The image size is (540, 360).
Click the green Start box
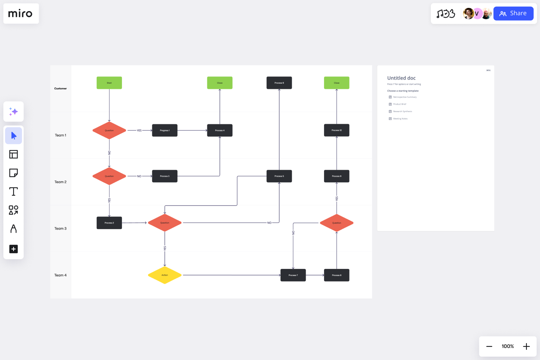pyautogui.click(x=109, y=83)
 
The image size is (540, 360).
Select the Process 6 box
pyautogui.click(x=279, y=83)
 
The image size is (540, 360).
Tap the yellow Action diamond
pyautogui.click(x=165, y=275)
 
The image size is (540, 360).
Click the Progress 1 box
pyautogui.click(x=165, y=130)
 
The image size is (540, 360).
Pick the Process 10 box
pyautogui.click(x=336, y=130)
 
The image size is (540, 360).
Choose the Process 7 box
pyautogui.click(x=293, y=275)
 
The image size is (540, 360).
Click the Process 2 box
pyautogui.click(x=109, y=223)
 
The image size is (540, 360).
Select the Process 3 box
pyautogui.click(x=165, y=176)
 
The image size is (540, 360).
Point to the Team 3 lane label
pyautogui.click(x=60, y=228)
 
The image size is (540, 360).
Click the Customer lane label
pyautogui.click(x=60, y=88)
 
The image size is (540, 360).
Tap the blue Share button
pyautogui.click(x=513, y=13)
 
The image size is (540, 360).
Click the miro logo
pyautogui.click(x=21, y=14)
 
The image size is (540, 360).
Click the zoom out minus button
pyautogui.click(x=489, y=346)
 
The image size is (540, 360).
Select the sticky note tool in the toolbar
pyautogui.click(x=13, y=173)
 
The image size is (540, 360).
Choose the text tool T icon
pyautogui.click(x=13, y=192)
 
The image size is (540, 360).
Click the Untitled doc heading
pyautogui.click(x=401, y=78)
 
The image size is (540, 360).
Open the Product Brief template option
pyautogui.click(x=399, y=104)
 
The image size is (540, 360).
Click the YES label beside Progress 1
pyautogui.click(x=139, y=130)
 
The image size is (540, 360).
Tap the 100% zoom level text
pyautogui.click(x=508, y=346)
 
